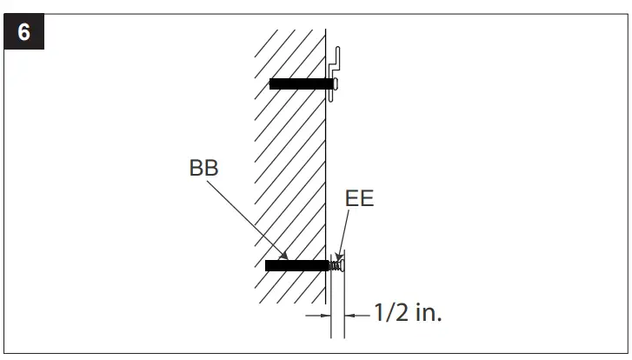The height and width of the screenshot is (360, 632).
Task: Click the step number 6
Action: tap(23, 33)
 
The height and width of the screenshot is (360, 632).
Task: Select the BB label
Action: tap(203, 169)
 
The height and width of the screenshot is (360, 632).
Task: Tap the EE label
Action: tap(359, 198)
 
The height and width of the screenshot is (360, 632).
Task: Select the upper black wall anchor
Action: tap(300, 84)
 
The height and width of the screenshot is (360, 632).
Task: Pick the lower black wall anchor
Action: tap(297, 265)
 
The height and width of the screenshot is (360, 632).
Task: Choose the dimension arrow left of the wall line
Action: tap(316, 313)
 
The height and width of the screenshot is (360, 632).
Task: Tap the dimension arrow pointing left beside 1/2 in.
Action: tap(353, 313)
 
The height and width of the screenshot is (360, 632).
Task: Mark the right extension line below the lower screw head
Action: tap(345, 304)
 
